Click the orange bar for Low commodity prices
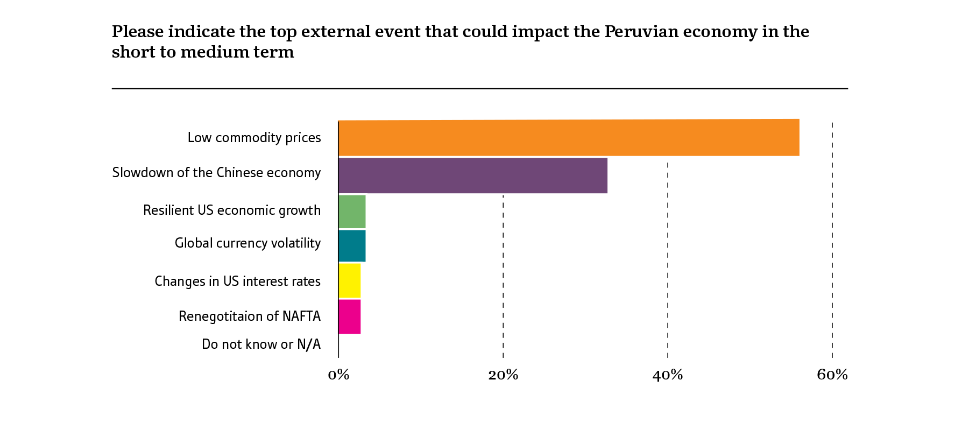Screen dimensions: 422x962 [568, 138]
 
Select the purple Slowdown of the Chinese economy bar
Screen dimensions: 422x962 [472, 175]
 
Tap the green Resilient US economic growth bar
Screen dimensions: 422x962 [352, 212]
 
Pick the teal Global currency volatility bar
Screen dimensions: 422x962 [352, 246]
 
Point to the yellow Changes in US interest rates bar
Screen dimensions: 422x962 [350, 280]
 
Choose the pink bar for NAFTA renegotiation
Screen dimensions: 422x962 [350, 316]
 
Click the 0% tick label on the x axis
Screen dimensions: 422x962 [338, 375]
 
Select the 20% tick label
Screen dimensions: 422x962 [503, 375]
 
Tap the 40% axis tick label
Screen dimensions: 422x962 [668, 375]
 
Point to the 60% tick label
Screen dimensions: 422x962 [832, 375]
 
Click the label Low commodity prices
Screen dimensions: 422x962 [254, 138]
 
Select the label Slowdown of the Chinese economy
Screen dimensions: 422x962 [216, 173]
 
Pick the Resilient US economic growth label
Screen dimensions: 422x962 [232, 210]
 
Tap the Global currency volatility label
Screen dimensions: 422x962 [247, 243]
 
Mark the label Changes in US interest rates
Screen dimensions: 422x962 [237, 282]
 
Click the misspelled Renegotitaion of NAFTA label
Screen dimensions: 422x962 [250, 316]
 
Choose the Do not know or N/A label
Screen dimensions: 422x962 [261, 344]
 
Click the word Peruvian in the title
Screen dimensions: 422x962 [641, 32]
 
